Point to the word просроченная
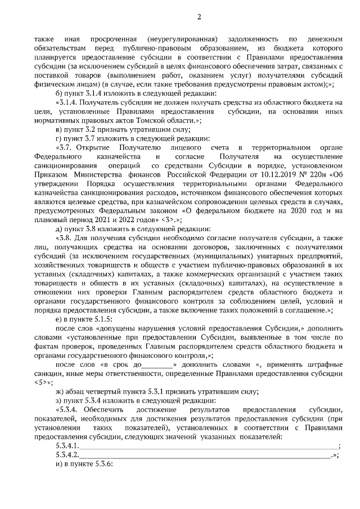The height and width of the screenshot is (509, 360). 111,39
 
